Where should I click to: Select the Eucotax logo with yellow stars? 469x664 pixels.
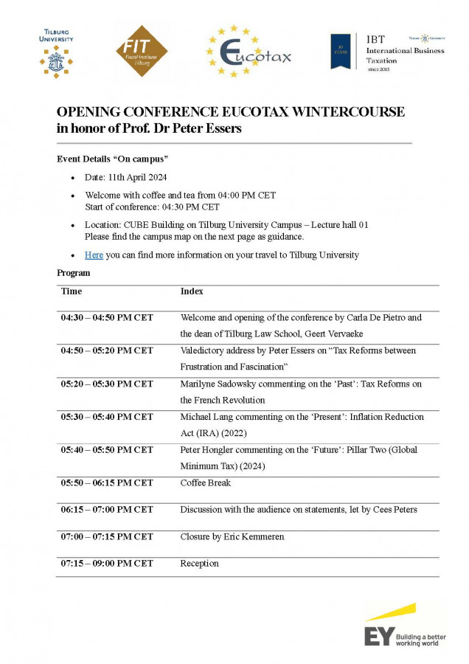pos(248,52)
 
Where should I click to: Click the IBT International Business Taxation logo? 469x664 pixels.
pos(388,52)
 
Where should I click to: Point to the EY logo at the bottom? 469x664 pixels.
pos(405,625)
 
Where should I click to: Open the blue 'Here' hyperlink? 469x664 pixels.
pos(94,255)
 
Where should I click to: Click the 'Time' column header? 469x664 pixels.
pos(71,291)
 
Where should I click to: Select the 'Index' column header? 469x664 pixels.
pos(191,291)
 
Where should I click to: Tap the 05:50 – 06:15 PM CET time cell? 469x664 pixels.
pos(107,483)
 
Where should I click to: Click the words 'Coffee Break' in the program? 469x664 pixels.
pos(205,483)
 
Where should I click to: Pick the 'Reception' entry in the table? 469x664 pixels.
pos(199,563)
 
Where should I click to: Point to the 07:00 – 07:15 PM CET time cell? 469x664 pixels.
pos(107,536)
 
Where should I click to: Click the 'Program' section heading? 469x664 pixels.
pos(74,273)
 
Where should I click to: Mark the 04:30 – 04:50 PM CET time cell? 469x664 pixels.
pos(107,318)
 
